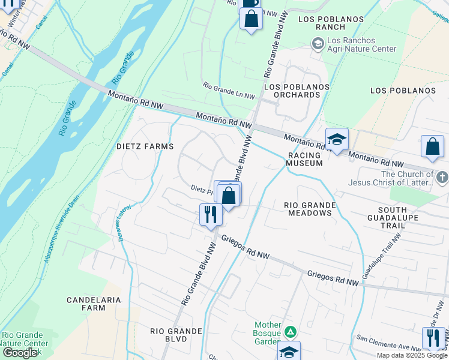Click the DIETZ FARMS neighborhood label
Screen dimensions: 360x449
tap(145, 146)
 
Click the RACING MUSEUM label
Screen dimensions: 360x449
tap(304, 159)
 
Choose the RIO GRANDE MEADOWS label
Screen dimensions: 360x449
tap(310, 209)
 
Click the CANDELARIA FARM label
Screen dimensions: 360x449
tap(94, 304)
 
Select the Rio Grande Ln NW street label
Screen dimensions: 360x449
tap(229, 92)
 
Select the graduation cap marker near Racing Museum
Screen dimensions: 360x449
tap(337, 139)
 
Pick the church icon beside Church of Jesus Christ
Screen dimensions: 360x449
tap(442, 178)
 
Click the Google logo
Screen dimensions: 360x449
tap(19, 353)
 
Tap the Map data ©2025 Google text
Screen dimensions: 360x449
tap(411, 355)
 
